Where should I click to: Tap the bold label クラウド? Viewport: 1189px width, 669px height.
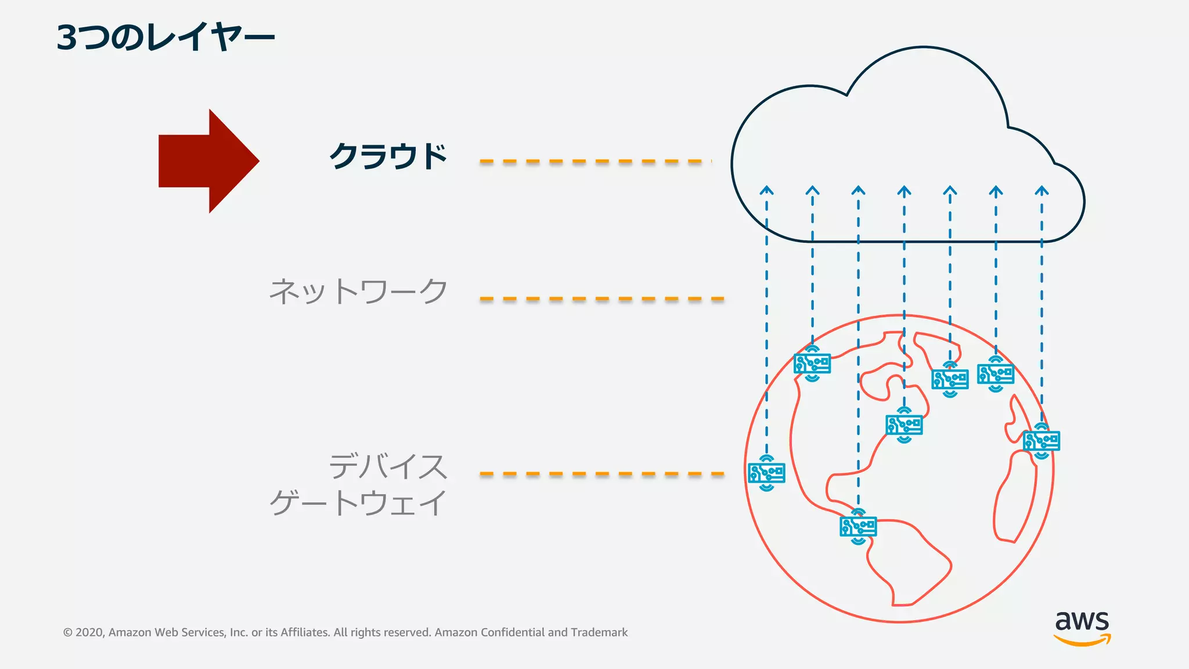click(388, 156)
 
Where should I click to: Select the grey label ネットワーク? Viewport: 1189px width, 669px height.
click(358, 292)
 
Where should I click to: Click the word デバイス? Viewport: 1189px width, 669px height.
click(388, 467)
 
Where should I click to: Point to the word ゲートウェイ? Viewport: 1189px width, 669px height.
click(358, 503)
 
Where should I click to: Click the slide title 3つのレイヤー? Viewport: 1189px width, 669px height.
click(165, 37)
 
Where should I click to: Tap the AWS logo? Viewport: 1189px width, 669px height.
click(1082, 627)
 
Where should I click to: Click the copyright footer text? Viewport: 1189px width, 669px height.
click(345, 632)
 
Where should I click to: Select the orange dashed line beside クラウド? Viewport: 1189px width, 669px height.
click(595, 161)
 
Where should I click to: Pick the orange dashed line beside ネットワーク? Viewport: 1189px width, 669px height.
click(601, 299)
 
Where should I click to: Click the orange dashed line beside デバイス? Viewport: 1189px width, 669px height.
click(601, 474)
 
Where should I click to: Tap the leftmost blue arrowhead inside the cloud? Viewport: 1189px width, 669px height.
click(766, 190)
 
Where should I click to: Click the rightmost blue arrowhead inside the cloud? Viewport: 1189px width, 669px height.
click(1042, 190)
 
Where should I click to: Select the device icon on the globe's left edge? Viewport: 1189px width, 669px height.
click(766, 473)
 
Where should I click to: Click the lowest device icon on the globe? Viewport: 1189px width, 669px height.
click(858, 526)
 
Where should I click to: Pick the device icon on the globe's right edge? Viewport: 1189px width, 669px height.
click(1042, 441)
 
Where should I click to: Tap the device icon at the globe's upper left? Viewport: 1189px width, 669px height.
click(812, 364)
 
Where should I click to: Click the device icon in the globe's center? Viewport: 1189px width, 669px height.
click(904, 425)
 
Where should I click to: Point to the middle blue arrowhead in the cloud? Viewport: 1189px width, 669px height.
click(904, 190)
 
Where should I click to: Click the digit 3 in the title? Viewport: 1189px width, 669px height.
click(67, 38)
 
